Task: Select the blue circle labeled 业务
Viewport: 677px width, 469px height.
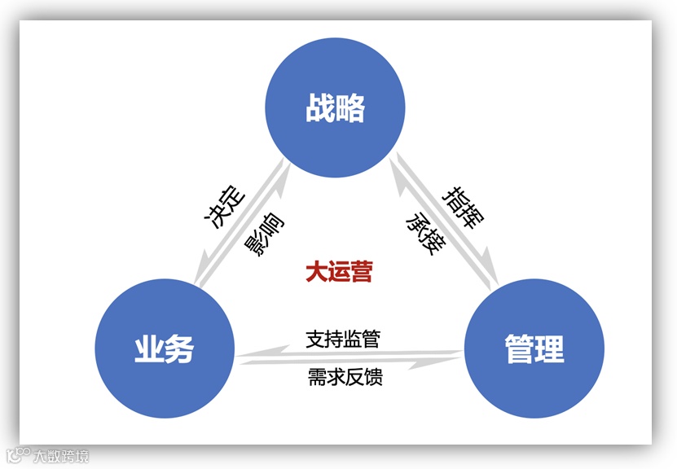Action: [164, 348]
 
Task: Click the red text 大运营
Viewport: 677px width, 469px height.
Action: [339, 271]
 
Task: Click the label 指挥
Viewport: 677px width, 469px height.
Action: [463, 208]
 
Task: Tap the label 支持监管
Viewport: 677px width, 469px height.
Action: [343, 338]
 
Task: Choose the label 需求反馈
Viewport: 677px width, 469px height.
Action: [345, 377]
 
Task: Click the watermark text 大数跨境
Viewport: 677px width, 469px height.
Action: [61, 456]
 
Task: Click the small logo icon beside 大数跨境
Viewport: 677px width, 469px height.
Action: [17, 455]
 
